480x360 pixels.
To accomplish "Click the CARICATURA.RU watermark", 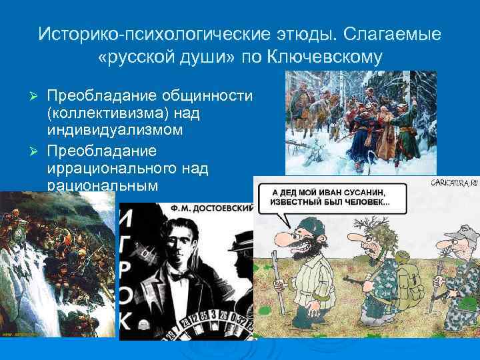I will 455,181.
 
